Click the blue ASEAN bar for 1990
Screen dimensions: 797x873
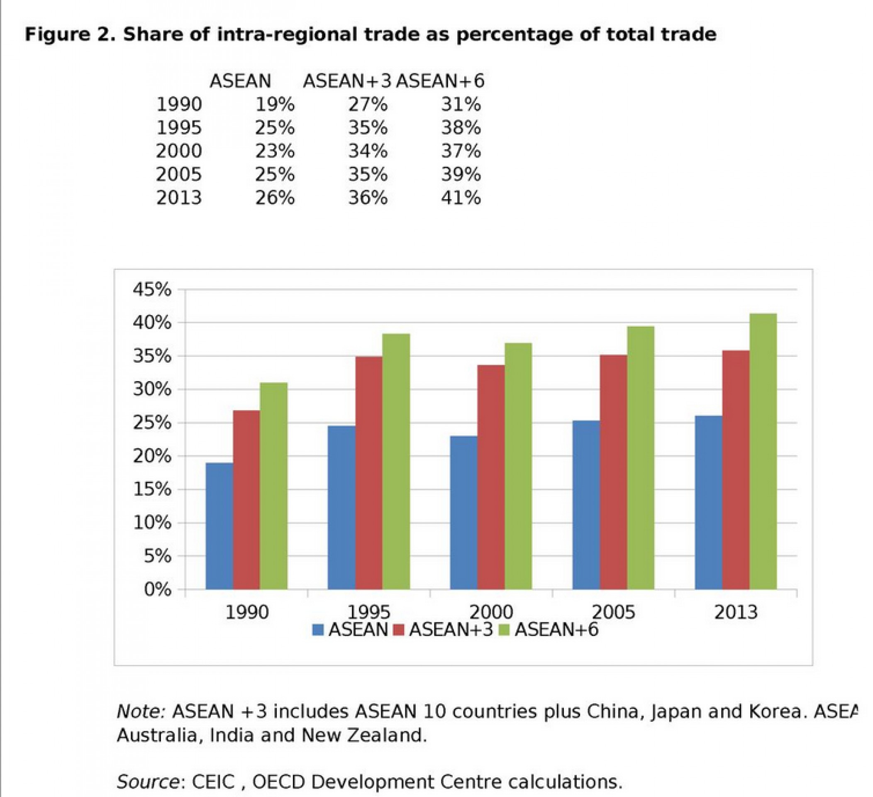pos(219,526)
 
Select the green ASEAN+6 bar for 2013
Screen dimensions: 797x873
pos(763,451)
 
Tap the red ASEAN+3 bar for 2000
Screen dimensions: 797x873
pos(491,477)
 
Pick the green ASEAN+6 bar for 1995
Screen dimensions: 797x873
pos(396,461)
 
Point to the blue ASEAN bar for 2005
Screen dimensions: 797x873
pos(586,505)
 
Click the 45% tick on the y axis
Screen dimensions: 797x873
pos(152,289)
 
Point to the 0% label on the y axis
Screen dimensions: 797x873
pos(157,589)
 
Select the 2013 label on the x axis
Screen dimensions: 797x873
pos(736,612)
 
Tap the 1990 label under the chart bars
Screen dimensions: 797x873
pos(247,612)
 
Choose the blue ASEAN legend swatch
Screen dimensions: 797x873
pos(318,629)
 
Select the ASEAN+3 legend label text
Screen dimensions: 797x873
pos(451,629)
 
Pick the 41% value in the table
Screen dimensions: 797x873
pos(461,198)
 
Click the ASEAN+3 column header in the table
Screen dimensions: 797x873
pos(347,81)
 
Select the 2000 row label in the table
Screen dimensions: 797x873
pos(179,151)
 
